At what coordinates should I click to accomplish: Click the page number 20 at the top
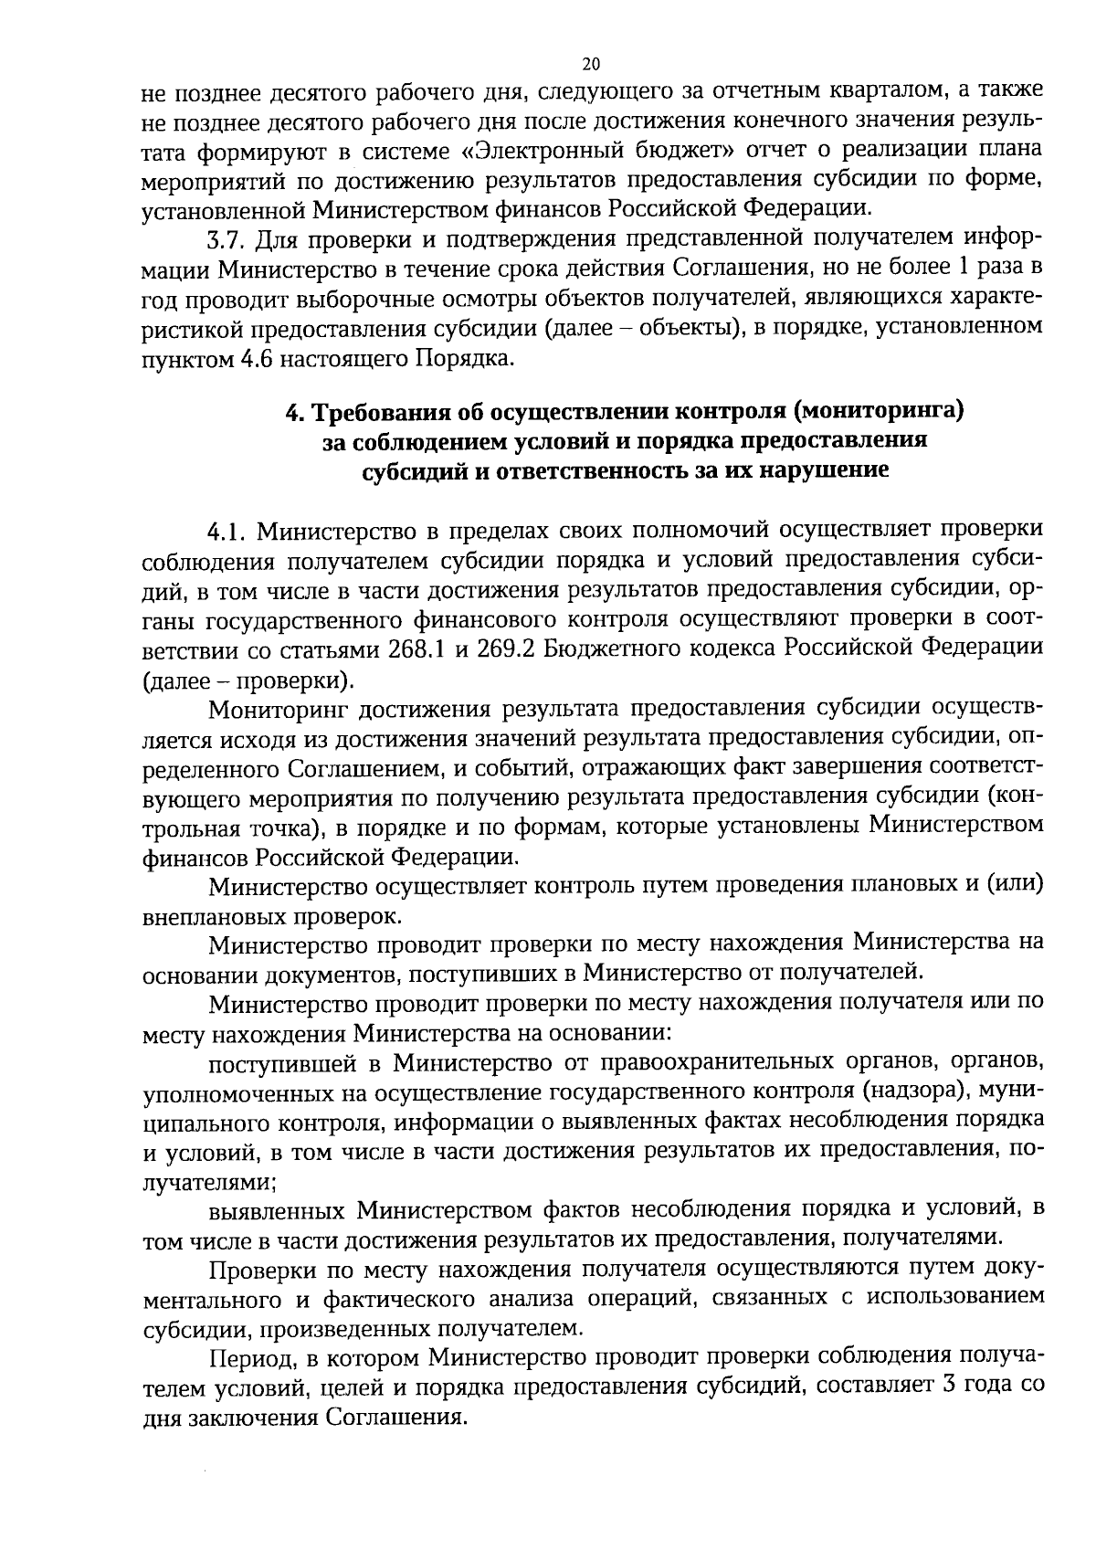click(591, 64)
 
